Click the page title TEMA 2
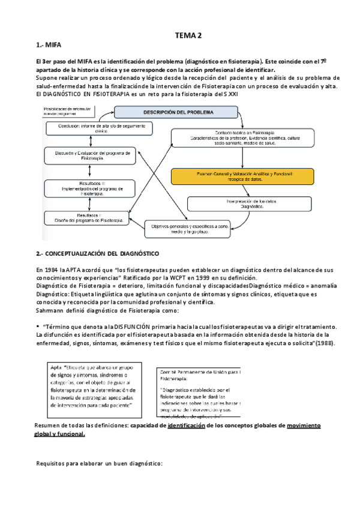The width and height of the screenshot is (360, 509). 188,35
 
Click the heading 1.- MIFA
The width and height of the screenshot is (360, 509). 49,45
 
